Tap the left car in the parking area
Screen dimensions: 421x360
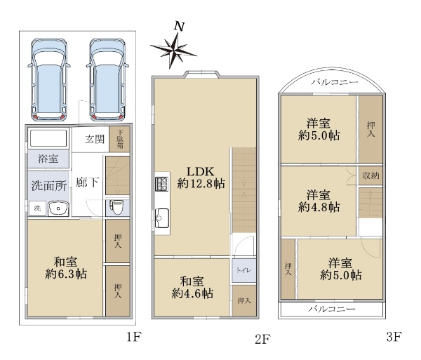49,79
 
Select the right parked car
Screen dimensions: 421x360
107,79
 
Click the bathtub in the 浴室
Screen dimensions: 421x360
48,138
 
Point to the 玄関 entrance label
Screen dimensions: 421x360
95,140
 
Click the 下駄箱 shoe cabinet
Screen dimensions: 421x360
119,139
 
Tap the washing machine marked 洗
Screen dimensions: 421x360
37,208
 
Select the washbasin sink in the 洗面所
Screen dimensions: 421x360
58,208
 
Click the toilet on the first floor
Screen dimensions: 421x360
116,207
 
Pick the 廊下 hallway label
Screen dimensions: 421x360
87,182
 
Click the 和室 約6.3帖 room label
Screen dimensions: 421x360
65,268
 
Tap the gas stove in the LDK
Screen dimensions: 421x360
161,184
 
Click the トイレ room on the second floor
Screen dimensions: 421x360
243,270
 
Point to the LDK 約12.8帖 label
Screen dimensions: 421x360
201,177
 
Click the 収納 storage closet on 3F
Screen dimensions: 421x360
370,175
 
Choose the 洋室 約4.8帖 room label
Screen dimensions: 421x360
319,201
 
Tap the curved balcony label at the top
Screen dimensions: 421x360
335,82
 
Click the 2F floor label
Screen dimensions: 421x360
262,340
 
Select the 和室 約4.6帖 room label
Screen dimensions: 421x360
192,288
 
